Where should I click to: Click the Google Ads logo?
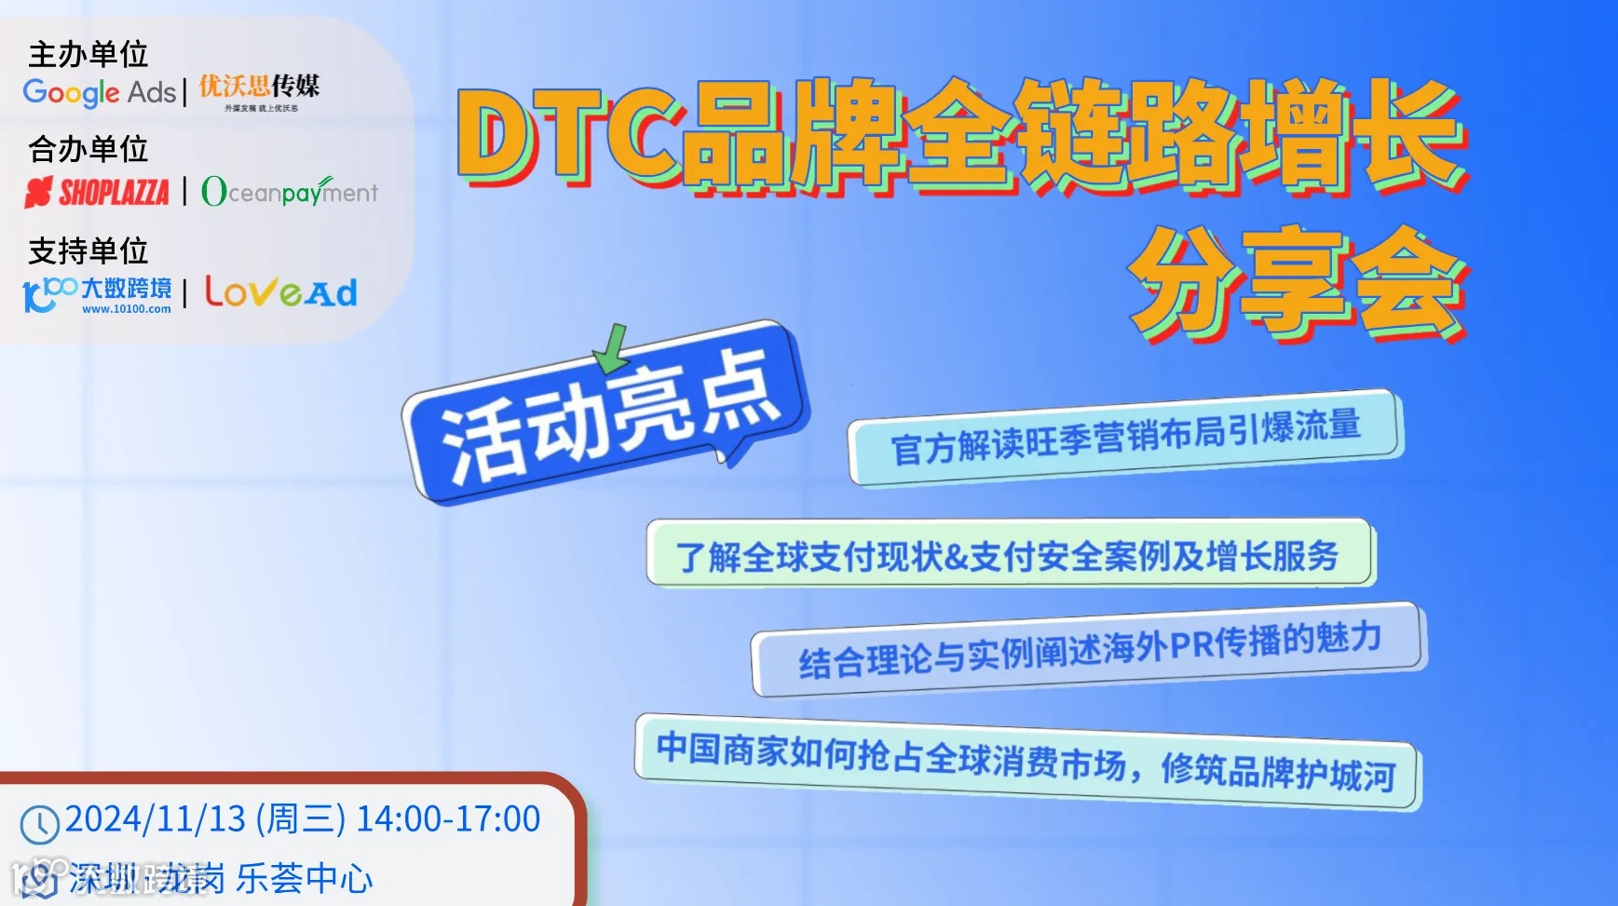[x=99, y=92]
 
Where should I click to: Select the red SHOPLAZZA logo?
[x=97, y=193]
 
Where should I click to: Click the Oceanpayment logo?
[x=290, y=192]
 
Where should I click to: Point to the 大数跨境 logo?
[x=98, y=294]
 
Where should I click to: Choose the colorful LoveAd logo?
[x=280, y=292]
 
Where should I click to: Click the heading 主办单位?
[x=88, y=54]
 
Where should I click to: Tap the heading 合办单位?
[x=88, y=149]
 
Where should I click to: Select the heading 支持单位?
[x=88, y=250]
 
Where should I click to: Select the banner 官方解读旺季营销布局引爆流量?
[x=1125, y=436]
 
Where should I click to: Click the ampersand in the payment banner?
[x=956, y=557]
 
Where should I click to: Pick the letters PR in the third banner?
[x=1190, y=644]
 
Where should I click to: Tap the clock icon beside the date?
[x=40, y=825]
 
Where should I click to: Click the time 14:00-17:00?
[x=448, y=819]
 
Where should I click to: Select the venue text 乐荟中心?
[x=304, y=878]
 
